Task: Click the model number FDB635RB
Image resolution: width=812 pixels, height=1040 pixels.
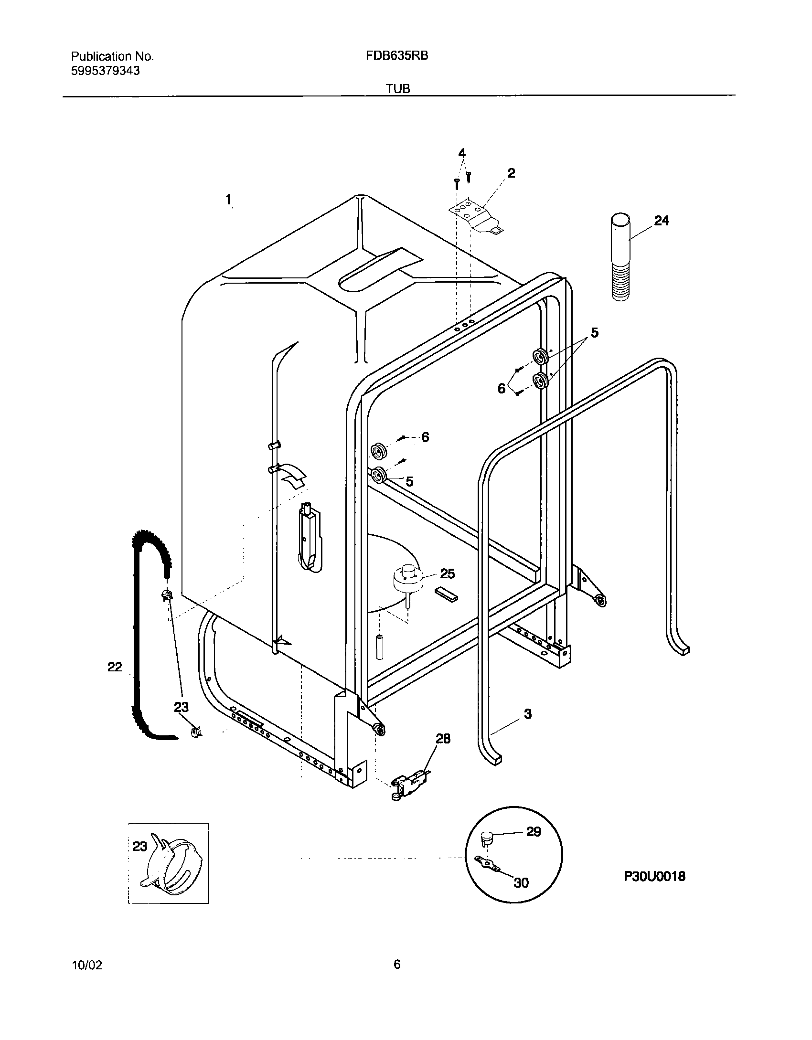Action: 397,56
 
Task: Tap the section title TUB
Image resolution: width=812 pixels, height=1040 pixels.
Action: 399,89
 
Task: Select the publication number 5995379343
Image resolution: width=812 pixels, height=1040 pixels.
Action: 106,71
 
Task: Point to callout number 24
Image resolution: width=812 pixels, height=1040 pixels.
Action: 661,221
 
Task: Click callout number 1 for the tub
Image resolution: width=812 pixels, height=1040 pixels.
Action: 229,199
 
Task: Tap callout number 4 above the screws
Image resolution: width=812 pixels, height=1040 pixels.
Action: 462,153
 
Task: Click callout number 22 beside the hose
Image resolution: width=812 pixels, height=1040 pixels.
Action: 115,667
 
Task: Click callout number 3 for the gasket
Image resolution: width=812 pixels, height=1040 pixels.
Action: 528,714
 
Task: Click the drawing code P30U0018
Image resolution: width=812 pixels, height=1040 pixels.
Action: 654,876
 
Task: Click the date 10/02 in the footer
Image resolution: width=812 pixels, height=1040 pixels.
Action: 86,965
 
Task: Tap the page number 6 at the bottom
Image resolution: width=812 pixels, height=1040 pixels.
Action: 397,965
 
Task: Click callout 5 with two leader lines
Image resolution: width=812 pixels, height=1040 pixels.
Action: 594,332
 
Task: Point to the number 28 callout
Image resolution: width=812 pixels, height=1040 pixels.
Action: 443,739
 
